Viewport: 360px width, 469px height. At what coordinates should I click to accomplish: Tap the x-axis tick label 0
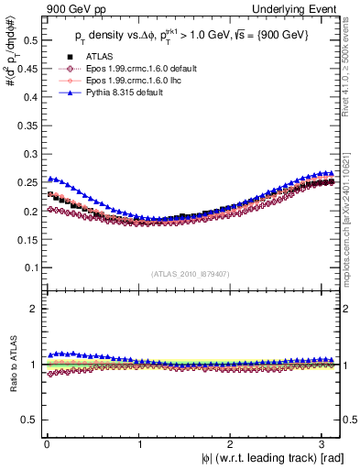tap(46, 442)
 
